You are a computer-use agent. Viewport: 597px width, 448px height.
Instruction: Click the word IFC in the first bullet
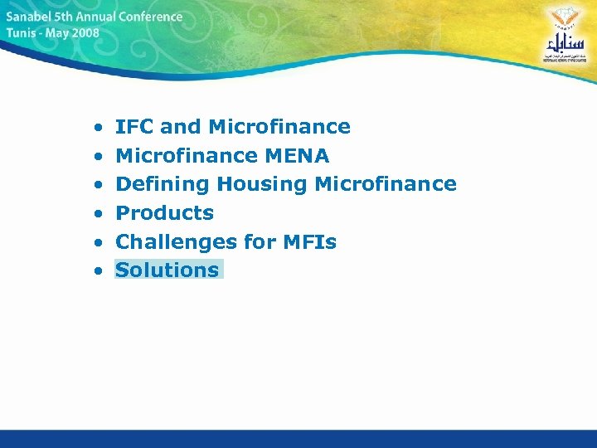coord(134,127)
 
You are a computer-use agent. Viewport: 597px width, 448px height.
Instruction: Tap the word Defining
coord(162,184)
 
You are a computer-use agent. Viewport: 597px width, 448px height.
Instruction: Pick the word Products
coord(164,213)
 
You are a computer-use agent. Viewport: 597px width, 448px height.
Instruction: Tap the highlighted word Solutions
coord(167,270)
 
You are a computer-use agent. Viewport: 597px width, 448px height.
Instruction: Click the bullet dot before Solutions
coord(98,271)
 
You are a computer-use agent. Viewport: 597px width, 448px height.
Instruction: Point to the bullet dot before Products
coord(98,214)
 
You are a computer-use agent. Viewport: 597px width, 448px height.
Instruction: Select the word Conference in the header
coord(150,17)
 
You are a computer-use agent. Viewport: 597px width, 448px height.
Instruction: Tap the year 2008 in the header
coord(85,34)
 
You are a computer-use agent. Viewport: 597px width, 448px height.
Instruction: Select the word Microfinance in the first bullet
coord(279,127)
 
